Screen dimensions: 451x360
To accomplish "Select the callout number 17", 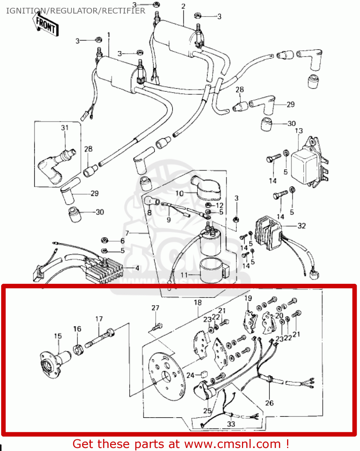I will [x=99, y=319].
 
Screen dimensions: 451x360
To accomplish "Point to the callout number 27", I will [x=156, y=308].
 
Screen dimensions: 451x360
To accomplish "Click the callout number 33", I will [x=231, y=424].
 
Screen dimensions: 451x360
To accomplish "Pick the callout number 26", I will [x=269, y=403].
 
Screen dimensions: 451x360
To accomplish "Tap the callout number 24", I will [x=191, y=375].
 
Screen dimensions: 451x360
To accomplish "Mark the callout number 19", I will [x=248, y=298].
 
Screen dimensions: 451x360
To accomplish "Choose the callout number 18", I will [x=198, y=303].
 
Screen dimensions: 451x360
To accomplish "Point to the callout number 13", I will [x=299, y=131].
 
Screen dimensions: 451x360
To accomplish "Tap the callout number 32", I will [x=302, y=226].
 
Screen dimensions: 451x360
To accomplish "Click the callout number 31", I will [x=65, y=128].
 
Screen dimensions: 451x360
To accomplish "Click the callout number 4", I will [x=137, y=268].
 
